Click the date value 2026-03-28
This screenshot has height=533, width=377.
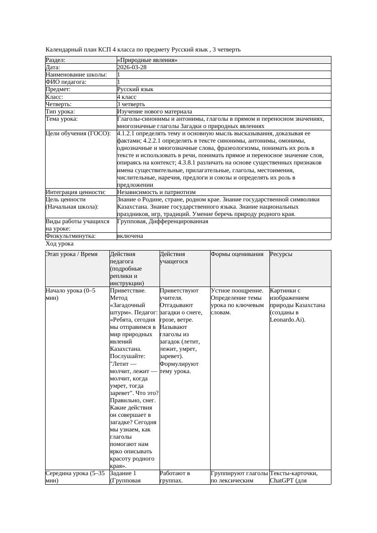pos(132,67)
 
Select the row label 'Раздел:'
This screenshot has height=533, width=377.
pos(56,60)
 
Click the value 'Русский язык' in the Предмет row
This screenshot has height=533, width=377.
pos(135,89)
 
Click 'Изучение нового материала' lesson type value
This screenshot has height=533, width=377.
pos(155,112)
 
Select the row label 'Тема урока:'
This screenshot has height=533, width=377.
pos(62,119)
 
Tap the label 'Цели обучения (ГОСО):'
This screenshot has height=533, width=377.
pos(78,133)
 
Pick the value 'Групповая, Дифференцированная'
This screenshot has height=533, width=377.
pos(163,221)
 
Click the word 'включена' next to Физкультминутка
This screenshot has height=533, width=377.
pos(130,236)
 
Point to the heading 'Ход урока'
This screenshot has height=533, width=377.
pos(60,244)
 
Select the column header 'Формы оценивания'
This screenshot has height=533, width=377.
pos(237,254)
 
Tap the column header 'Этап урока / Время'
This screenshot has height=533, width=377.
pos(72,254)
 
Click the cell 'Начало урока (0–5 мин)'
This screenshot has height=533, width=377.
pos(71,294)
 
